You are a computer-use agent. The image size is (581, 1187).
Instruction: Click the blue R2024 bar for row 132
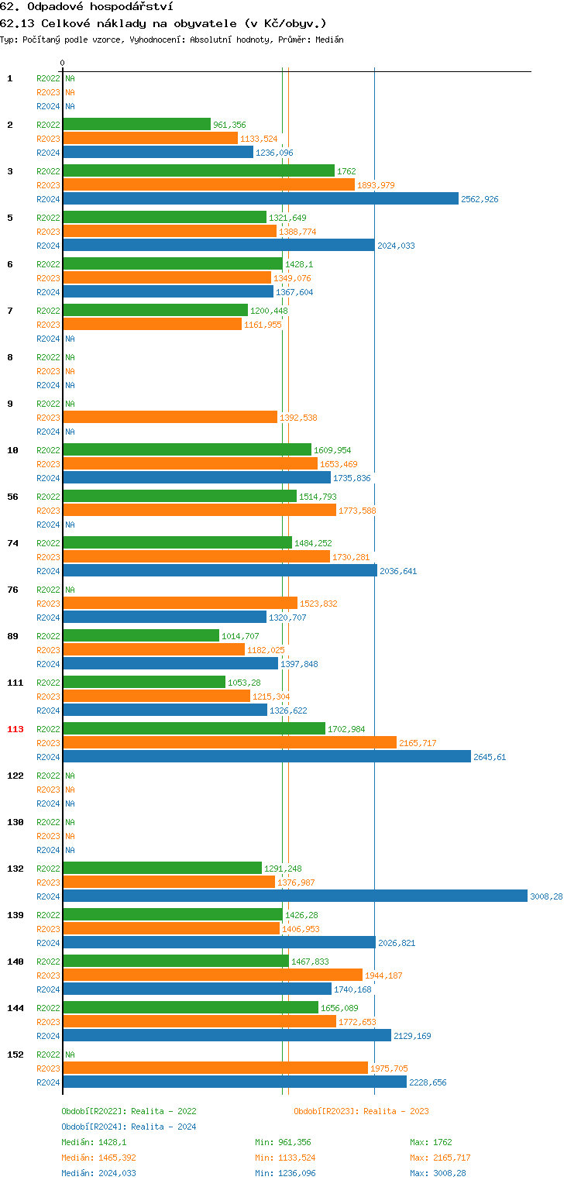click(295, 896)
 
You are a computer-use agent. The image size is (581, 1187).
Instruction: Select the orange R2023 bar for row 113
click(229, 742)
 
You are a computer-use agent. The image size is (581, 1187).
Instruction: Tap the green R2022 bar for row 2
click(136, 124)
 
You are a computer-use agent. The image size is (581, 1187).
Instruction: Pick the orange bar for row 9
click(170, 417)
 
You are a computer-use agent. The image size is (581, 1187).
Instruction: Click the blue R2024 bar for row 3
click(260, 198)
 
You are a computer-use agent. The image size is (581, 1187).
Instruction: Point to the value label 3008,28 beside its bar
click(546, 896)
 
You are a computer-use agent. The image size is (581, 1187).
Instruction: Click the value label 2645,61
click(490, 757)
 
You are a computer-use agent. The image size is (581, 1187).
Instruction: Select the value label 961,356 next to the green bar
click(229, 125)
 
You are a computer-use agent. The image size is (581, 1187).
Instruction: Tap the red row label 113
click(15, 729)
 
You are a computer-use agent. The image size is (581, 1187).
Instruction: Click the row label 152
click(15, 1055)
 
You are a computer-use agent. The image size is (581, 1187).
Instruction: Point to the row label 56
click(12, 497)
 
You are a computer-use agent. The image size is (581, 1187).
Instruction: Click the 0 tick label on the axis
click(63, 63)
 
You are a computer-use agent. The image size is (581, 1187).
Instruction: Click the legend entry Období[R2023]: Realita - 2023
click(361, 1111)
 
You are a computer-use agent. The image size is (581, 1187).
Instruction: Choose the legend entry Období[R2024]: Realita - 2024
click(129, 1127)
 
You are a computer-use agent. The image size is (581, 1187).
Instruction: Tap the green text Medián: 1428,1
click(94, 1142)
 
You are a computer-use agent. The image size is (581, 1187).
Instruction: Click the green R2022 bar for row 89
click(141, 635)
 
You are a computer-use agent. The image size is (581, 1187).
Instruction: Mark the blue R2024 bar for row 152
click(235, 1082)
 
